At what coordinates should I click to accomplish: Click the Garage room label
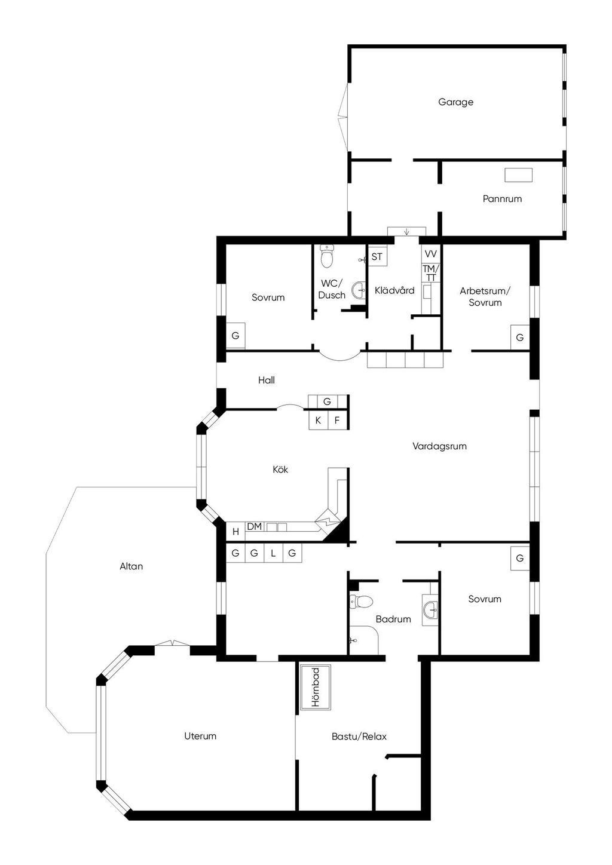455,102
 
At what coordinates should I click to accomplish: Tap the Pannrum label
502,199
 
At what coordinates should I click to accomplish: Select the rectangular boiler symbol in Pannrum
518,175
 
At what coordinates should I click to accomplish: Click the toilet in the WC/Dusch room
327,256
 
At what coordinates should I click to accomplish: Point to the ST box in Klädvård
377,257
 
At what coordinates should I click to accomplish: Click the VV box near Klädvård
430,254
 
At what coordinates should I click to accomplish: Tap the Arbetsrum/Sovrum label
485,297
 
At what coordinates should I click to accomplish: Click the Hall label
267,380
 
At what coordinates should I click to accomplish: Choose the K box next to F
318,421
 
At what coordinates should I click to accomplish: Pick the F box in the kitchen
337,421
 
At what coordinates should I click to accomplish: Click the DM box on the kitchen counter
255,526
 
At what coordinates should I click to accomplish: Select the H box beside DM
235,532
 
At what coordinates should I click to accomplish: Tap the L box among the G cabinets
273,553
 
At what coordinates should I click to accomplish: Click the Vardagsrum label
439,446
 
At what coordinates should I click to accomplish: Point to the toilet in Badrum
361,602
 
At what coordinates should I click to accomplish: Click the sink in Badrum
430,610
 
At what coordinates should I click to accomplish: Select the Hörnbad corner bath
316,688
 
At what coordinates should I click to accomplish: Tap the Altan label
131,566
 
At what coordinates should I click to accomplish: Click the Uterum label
200,736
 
